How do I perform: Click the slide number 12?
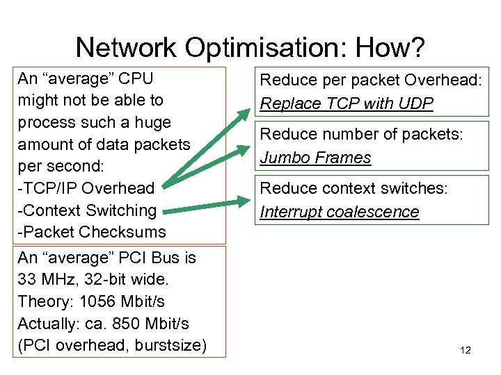[x=466, y=350]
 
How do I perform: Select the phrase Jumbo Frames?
[x=315, y=158]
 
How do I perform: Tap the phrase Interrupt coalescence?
[x=340, y=212]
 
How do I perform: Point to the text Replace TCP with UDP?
[x=347, y=103]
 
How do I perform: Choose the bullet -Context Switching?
[x=87, y=210]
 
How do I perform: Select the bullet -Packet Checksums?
[x=92, y=232]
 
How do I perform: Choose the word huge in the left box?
[x=154, y=122]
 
